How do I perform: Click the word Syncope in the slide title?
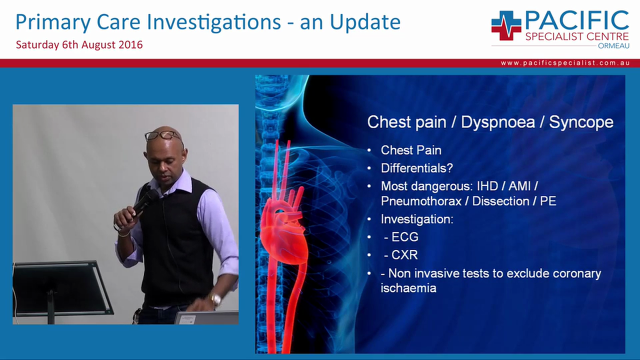pyautogui.click(x=581, y=122)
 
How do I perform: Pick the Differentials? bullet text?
pyautogui.click(x=416, y=168)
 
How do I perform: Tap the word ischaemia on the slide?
pyautogui.click(x=408, y=288)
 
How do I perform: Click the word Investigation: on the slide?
pyautogui.click(x=416, y=219)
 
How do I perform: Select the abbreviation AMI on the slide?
pyautogui.click(x=520, y=186)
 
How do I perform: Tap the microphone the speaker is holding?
pyautogui.click(x=144, y=201)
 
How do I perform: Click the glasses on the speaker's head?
pyautogui.click(x=163, y=135)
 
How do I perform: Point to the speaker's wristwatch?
pyautogui.click(x=216, y=299)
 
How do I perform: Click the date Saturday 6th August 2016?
pyautogui.click(x=79, y=44)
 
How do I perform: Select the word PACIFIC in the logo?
pyautogui.click(x=576, y=20)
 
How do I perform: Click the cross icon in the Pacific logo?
pyautogui.click(x=505, y=25)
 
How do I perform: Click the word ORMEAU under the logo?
pyautogui.click(x=613, y=45)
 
